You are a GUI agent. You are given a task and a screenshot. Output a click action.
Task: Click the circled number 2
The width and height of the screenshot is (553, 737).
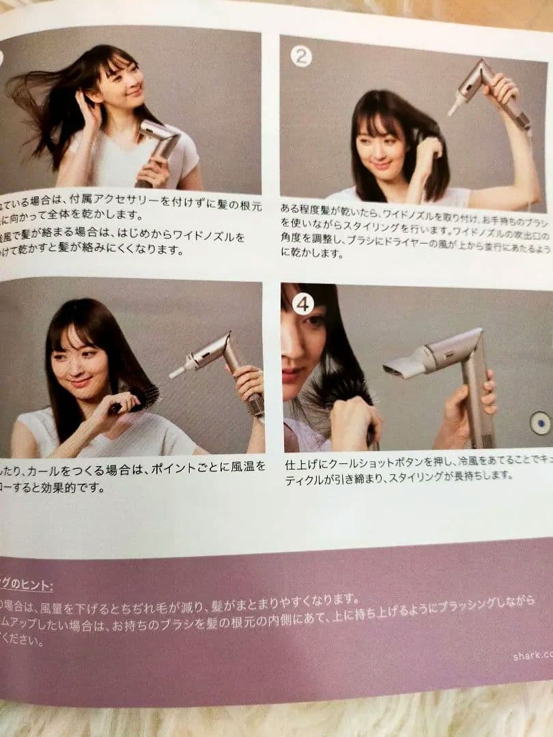click(300, 57)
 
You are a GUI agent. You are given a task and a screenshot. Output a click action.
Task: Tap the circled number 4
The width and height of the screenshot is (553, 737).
click(303, 304)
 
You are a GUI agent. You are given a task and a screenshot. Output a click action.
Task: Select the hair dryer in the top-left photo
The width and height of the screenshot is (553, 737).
click(158, 147)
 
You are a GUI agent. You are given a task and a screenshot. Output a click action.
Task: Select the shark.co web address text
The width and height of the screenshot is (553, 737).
click(533, 656)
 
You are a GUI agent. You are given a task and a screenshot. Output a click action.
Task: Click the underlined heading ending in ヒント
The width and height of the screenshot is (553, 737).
click(27, 585)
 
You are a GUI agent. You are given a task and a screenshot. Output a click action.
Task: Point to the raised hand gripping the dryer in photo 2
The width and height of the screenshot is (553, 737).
click(502, 88)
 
